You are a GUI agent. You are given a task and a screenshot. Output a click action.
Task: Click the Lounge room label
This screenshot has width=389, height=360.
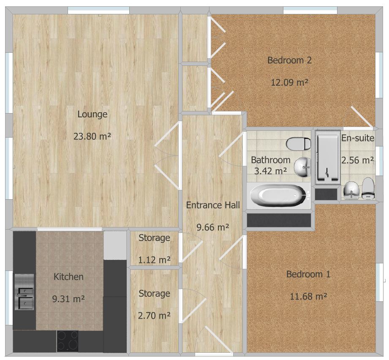[92, 114]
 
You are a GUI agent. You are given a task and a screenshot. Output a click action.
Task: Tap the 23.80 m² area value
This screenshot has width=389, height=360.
[92, 136]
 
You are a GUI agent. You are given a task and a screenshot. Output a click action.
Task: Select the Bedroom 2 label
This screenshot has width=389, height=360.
[289, 60]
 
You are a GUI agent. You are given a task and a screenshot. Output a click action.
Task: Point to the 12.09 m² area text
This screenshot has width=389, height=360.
[289, 82]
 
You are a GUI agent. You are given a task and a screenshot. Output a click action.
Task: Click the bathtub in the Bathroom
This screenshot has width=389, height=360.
[279, 195]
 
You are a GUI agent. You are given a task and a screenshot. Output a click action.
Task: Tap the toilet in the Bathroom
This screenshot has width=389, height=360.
[298, 143]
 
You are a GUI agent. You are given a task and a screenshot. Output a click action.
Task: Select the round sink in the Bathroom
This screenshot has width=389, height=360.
[302, 168]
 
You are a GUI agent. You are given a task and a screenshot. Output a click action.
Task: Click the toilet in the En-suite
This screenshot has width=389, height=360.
[368, 188]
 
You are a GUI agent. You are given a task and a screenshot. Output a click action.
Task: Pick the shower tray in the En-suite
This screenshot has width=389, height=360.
[327, 157]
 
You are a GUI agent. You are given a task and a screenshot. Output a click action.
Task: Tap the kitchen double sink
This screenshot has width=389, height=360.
[24, 292]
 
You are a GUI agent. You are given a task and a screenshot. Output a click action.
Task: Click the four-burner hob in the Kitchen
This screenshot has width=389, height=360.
[68, 341]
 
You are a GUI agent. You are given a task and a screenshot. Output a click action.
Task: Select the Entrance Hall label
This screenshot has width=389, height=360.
[213, 205]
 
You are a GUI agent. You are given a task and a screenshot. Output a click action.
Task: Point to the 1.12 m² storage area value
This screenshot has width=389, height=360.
[154, 260]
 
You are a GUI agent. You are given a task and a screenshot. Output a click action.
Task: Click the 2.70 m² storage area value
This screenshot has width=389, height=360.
[154, 316]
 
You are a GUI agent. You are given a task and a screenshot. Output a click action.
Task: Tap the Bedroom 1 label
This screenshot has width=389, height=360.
[308, 274]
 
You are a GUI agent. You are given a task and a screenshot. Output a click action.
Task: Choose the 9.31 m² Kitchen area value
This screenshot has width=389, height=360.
[68, 299]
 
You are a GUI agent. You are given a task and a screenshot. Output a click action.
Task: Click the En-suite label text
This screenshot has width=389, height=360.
[357, 138]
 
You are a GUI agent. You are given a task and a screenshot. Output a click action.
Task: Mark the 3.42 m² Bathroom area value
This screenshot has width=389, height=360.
[271, 171]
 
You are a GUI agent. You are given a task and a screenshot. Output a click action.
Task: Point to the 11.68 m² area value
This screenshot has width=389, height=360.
[308, 296]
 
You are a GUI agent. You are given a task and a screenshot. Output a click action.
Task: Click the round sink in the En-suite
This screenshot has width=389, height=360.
[351, 190]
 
